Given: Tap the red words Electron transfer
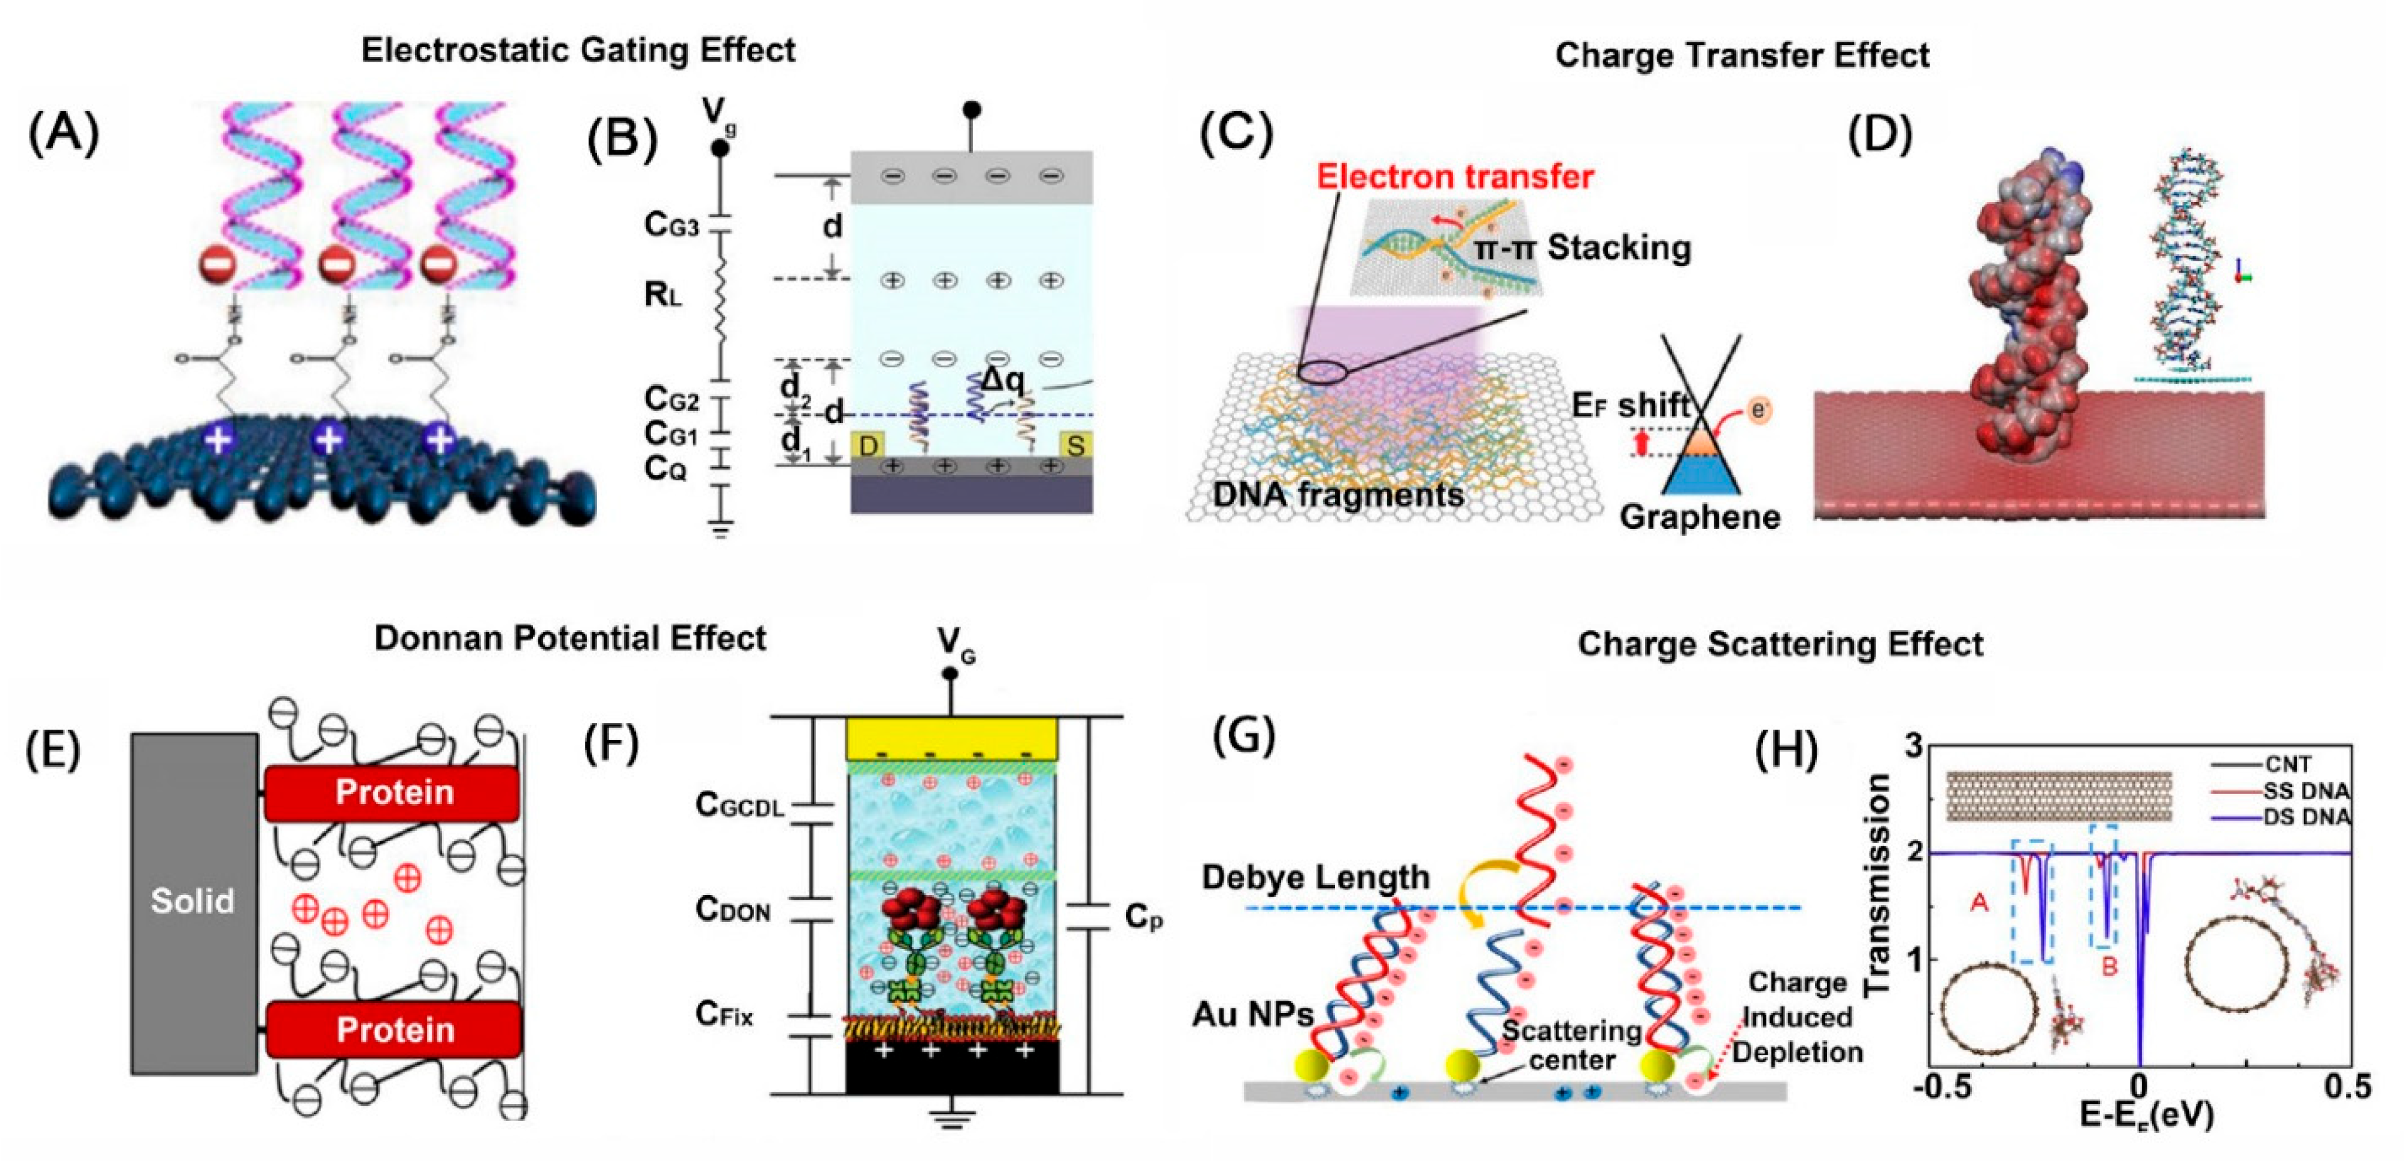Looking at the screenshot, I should tap(1454, 176).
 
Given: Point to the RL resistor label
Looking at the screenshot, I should tap(663, 295).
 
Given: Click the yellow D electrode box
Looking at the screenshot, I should tap(868, 445).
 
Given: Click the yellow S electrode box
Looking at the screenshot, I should tap(1075, 445).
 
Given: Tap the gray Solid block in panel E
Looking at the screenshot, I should tap(193, 901).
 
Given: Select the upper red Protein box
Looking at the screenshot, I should tap(393, 792).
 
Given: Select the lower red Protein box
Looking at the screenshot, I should tap(393, 1029).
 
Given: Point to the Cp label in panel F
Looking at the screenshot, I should tap(1143, 917).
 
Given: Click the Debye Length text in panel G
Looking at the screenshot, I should tap(1315, 877).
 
